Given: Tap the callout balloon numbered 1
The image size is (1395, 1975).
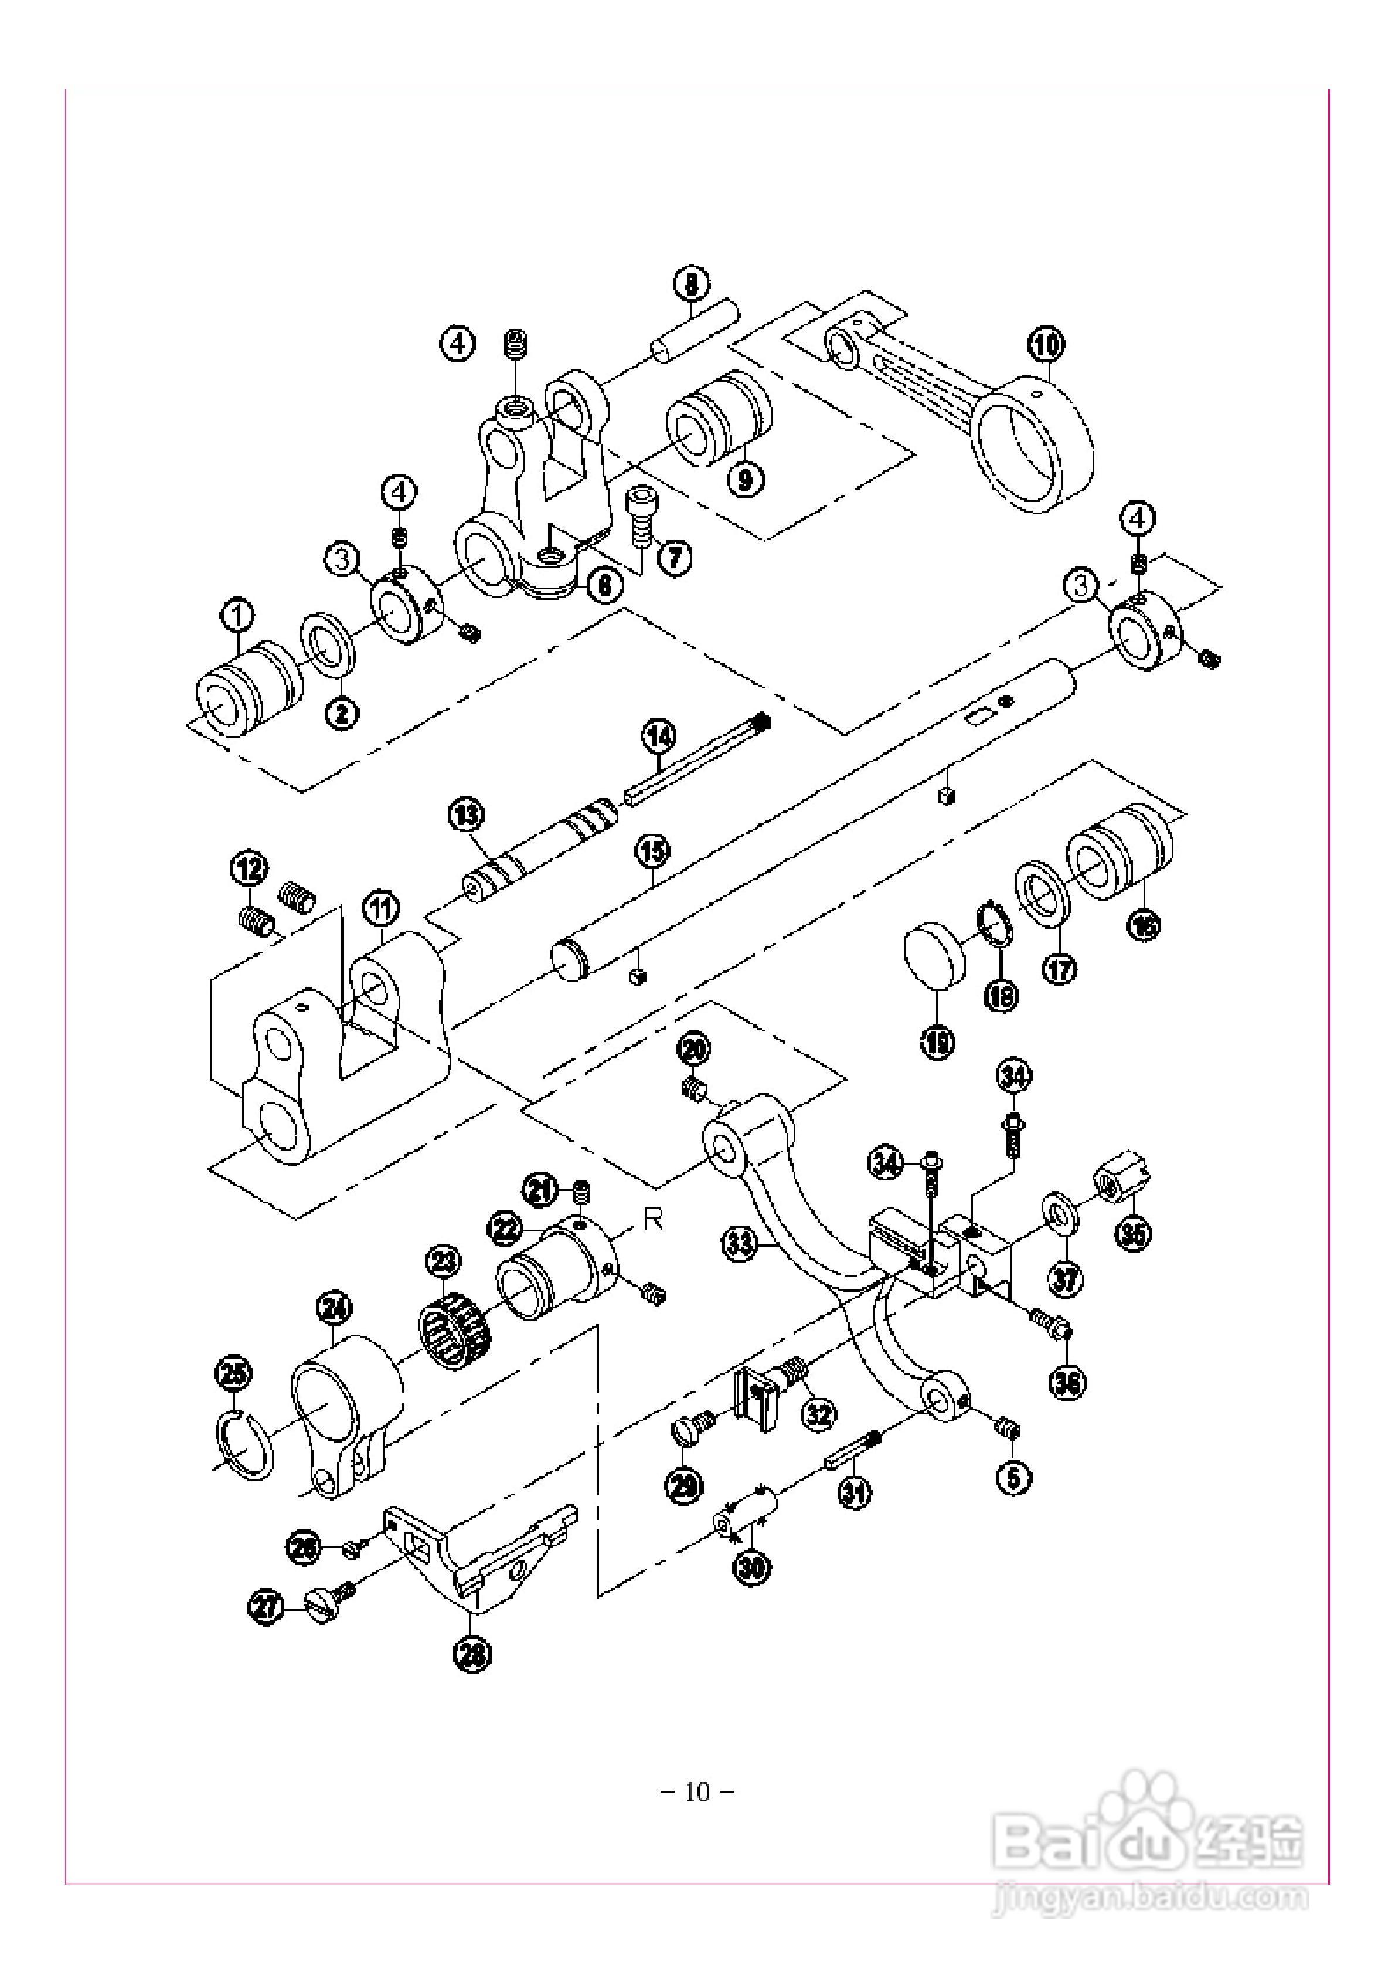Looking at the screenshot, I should (238, 615).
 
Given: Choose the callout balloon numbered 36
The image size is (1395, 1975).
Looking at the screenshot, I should (1068, 1382).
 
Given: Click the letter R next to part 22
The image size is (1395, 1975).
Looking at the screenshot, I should (654, 1221).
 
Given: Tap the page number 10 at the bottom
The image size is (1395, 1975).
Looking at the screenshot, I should (697, 1793).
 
